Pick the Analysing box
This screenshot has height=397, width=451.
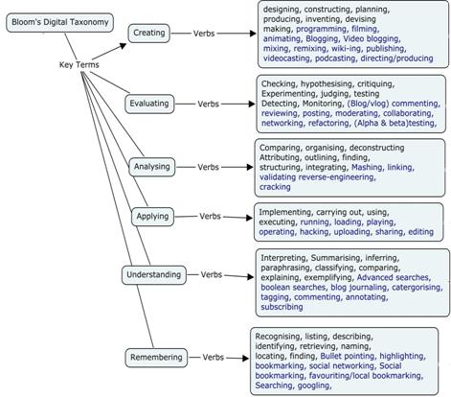149,166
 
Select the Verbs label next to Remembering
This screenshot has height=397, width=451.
220,358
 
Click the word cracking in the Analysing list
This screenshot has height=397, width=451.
277,185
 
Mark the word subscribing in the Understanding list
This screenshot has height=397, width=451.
282,307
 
